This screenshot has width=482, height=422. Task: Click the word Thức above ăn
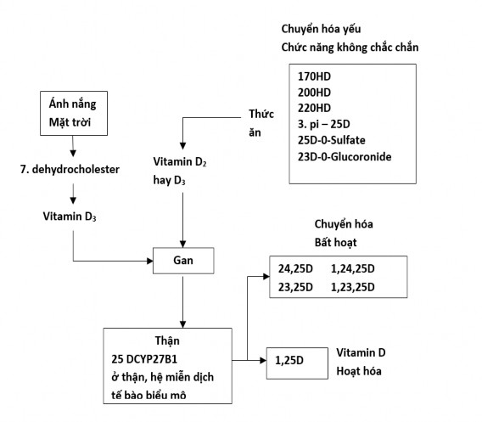(261, 113)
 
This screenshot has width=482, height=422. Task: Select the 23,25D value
(295, 287)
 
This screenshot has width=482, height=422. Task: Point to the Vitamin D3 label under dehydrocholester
(70, 217)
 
